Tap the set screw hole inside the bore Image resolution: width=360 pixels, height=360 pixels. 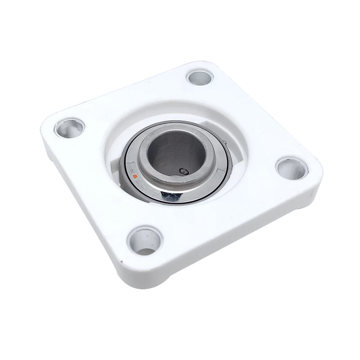[183, 171]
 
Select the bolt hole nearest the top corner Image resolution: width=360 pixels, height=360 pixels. [199, 77]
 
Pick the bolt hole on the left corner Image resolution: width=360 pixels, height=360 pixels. [69, 127]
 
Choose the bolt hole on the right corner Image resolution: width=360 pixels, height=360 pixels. [292, 168]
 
